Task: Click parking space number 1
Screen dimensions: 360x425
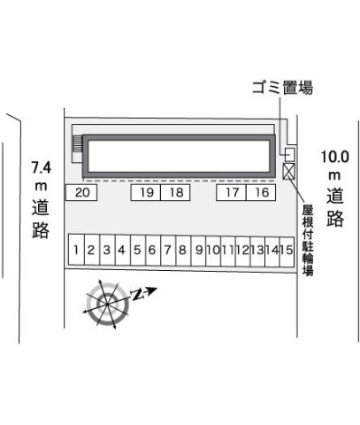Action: point(76,251)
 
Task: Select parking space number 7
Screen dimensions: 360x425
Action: point(168,251)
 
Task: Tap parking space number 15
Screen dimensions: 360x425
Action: point(287,251)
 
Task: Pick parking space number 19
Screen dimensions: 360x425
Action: point(146,192)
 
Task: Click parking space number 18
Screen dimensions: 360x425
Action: point(175,192)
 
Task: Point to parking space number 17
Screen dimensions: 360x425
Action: point(231,192)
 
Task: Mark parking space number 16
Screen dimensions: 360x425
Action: point(261,192)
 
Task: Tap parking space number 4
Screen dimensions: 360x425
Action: point(123,251)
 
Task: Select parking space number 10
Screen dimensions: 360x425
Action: point(213,251)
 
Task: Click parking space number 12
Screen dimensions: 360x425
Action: point(243,251)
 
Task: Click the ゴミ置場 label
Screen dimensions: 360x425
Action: point(282,88)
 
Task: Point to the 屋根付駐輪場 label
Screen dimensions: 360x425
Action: point(308,240)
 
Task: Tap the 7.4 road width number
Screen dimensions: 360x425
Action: point(42,167)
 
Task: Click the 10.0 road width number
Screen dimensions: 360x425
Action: point(335,157)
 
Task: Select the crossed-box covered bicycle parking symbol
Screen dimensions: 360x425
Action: point(288,171)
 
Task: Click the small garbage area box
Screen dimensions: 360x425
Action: point(290,154)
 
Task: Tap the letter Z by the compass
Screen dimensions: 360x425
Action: point(137,295)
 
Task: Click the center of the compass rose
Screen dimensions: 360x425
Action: point(108,304)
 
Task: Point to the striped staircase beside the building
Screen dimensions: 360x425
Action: point(77,144)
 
